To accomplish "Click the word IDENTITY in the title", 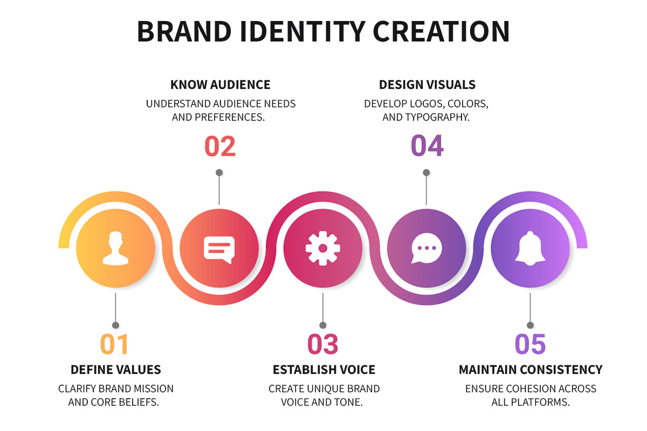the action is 303,31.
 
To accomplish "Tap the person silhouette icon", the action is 115,248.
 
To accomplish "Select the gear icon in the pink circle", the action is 323,248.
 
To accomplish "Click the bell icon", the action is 531,248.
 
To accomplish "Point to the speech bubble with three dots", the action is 426,248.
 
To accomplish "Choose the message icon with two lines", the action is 219,249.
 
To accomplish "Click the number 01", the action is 114,344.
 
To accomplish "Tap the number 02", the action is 220,147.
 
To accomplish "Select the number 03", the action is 323,344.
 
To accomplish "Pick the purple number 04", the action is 427,146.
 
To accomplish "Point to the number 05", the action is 531,344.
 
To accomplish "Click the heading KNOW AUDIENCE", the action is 221,85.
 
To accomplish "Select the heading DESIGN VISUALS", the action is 427,85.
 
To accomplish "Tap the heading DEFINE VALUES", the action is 116,370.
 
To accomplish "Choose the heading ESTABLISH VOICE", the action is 324,370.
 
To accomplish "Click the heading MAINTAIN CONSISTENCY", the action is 531,370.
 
